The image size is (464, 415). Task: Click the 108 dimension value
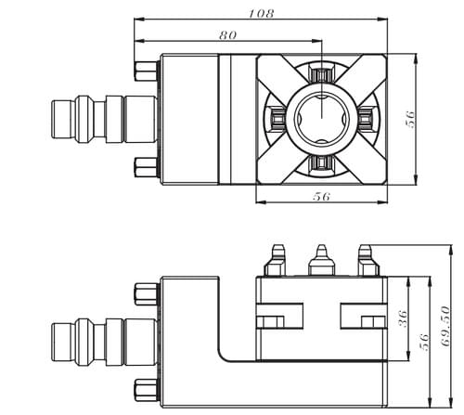(262, 14)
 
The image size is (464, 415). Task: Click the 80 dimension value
(228, 35)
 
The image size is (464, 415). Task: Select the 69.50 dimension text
(445, 326)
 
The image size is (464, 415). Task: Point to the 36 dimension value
(403, 318)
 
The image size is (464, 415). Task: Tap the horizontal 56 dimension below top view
(321, 196)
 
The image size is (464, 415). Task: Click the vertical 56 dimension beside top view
(410, 119)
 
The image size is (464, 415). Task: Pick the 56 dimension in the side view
(424, 342)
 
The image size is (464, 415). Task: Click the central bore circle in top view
(322, 118)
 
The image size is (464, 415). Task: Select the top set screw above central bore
(322, 74)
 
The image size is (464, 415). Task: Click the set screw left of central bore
(277, 118)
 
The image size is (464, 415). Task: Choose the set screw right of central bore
(366, 118)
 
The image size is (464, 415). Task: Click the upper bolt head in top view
(146, 71)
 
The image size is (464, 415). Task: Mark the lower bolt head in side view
(146, 391)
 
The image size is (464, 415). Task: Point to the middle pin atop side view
(322, 260)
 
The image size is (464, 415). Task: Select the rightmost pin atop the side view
(367, 260)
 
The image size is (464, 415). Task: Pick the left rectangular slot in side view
(279, 316)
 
